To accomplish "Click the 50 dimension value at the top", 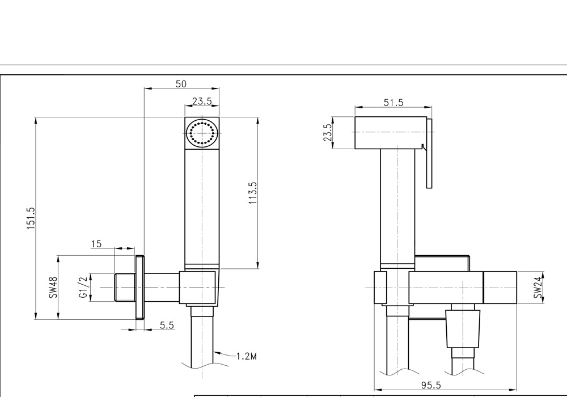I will pyautogui.click(x=181, y=84).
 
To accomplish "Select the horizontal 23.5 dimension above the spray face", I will pyautogui.click(x=201, y=101).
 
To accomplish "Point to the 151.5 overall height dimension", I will pyautogui.click(x=31, y=217).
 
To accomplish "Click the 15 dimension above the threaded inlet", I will pyautogui.click(x=96, y=244).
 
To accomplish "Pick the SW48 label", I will pyautogui.click(x=53, y=288).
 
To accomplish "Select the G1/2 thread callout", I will pyautogui.click(x=83, y=288).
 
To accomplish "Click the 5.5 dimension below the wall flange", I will pyautogui.click(x=167, y=325).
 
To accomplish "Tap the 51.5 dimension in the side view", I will pyautogui.click(x=393, y=102).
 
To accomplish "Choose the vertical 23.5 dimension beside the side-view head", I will pyautogui.click(x=327, y=133).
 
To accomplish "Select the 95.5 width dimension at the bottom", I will pyautogui.click(x=431, y=386).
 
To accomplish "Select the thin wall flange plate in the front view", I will pyautogui.click(x=140, y=288).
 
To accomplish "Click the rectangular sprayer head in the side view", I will pyautogui.click(x=390, y=133).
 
